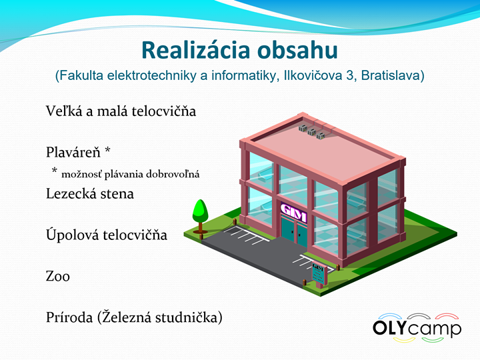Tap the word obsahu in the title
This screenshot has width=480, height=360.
tap(297, 50)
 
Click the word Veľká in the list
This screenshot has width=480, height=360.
tap(64, 111)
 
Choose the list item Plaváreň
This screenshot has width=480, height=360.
tap(73, 152)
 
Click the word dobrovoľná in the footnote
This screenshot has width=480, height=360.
tap(173, 174)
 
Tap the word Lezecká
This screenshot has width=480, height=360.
tap(73, 193)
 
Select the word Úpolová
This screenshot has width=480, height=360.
tap(73, 235)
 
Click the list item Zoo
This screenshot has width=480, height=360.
tap(58, 276)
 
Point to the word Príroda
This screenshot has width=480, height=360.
tap(69, 317)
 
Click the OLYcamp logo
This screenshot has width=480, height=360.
tap(417, 328)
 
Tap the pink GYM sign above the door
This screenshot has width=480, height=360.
tap(294, 212)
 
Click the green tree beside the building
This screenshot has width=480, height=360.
tap(200, 216)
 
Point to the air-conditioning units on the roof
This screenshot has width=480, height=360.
tap(312, 131)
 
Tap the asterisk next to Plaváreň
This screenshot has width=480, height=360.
tap(107, 150)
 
